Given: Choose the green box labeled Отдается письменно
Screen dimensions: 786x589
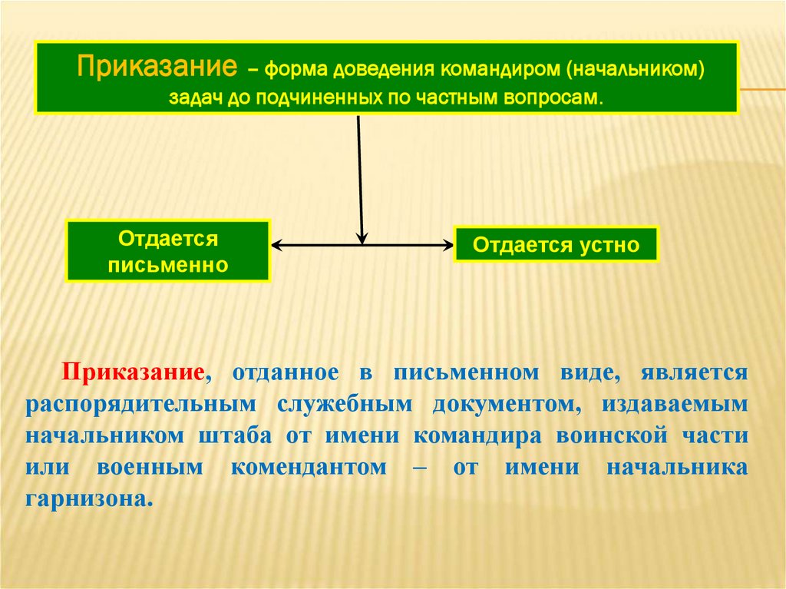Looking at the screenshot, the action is coord(168,251).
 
